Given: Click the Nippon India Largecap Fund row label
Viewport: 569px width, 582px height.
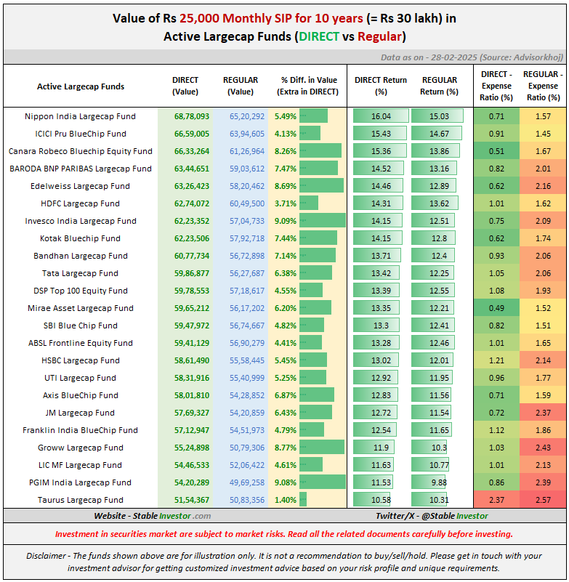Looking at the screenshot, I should click(x=80, y=116).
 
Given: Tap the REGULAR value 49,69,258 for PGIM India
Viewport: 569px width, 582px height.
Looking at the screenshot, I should click(x=242, y=482).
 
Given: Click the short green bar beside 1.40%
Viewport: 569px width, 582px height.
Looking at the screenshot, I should click(x=303, y=500).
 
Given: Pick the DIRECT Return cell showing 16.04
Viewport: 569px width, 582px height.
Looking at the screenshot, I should click(x=381, y=116).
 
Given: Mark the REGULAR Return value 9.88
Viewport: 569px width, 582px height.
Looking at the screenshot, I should click(x=439, y=482).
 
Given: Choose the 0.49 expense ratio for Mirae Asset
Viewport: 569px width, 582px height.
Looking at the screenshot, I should click(x=496, y=308).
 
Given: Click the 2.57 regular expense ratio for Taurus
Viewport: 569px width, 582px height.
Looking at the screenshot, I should click(x=543, y=500).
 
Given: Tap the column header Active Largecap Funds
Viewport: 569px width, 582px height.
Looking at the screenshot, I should click(x=80, y=86).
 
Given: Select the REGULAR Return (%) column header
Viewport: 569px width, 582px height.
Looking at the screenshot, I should click(x=439, y=86).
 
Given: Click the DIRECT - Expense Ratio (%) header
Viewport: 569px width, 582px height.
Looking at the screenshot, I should click(x=496, y=86).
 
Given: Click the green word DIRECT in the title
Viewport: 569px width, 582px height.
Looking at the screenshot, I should click(x=319, y=36).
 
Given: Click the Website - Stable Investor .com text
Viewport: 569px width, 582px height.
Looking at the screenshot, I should click(x=152, y=516).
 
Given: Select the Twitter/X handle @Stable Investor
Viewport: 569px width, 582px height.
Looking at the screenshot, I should click(x=432, y=516).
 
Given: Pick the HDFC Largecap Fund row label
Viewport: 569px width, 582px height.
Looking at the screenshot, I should click(x=80, y=203).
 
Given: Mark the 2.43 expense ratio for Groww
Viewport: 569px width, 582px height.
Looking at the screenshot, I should click(x=543, y=448).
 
